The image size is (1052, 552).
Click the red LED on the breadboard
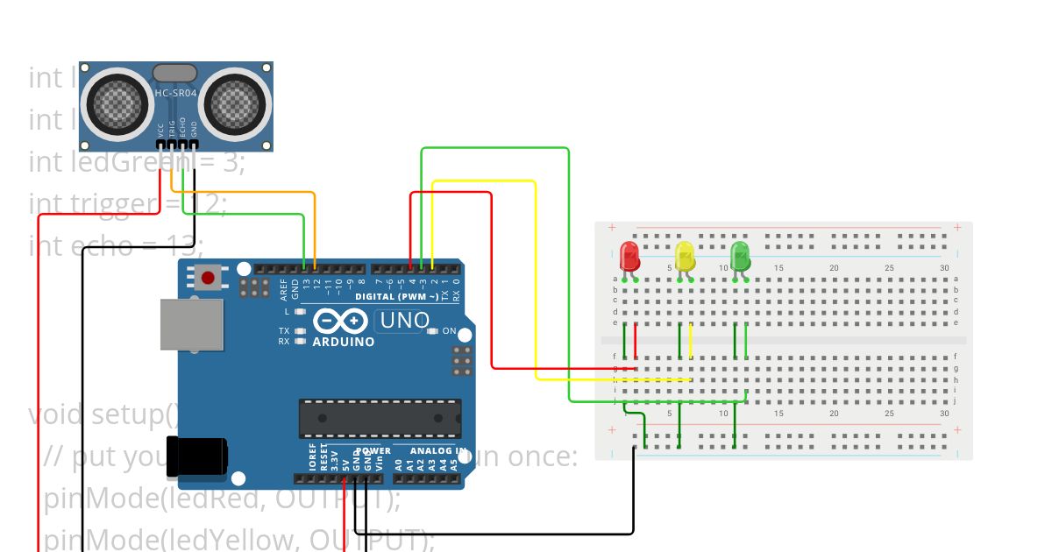pyautogui.click(x=629, y=257)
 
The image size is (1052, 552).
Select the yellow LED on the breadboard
pyautogui.click(x=685, y=257)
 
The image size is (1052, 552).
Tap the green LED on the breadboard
pyautogui.click(x=740, y=257)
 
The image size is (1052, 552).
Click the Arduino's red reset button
pyautogui.click(x=208, y=279)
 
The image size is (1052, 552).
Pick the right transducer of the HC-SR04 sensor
pyautogui.click(x=236, y=104)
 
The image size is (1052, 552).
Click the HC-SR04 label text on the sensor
pyautogui.click(x=175, y=92)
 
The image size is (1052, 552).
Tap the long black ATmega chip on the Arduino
pyautogui.click(x=380, y=418)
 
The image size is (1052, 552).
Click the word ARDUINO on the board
pyautogui.click(x=344, y=342)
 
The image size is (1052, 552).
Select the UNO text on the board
pyautogui.click(x=402, y=321)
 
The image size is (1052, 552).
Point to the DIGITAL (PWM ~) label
pyautogui.click(x=399, y=297)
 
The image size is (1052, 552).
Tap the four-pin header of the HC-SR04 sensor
pyautogui.click(x=177, y=145)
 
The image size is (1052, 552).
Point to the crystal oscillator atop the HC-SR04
pyautogui.click(x=175, y=72)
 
